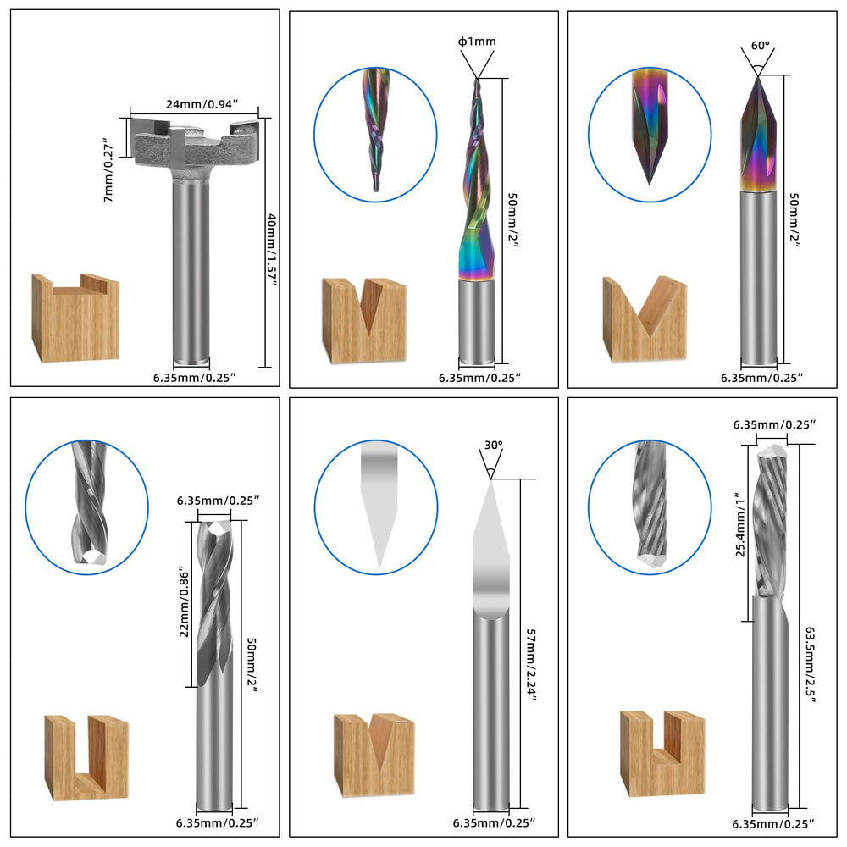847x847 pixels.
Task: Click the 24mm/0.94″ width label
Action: click(195, 104)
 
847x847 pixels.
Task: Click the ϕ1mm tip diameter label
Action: click(477, 41)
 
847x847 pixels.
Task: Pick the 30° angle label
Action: click(493, 445)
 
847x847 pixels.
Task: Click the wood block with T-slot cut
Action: click(75, 318)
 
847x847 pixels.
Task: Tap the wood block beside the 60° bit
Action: click(645, 318)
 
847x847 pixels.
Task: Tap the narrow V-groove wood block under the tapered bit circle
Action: click(364, 320)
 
